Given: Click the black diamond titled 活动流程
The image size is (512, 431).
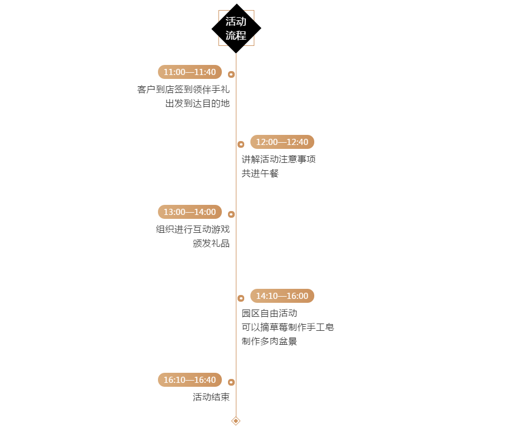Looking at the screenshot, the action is [x=236, y=29].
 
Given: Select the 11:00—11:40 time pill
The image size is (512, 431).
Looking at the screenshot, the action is [x=190, y=72].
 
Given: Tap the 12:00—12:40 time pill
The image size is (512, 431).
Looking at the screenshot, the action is [x=282, y=142].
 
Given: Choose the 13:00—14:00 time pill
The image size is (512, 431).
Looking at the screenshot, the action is [x=190, y=212].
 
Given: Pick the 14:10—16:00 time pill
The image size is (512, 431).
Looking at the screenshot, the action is [x=282, y=296].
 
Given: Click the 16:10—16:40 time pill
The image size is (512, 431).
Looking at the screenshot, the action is [x=190, y=380].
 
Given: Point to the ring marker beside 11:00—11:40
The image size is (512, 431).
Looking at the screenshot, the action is [x=231, y=74].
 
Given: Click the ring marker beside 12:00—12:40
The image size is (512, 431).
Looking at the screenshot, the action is [x=241, y=144].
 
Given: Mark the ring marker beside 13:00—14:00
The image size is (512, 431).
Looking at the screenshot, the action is [x=231, y=214].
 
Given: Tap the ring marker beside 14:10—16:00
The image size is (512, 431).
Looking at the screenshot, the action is [x=241, y=298].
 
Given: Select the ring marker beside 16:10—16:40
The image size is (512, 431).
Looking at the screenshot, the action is [x=231, y=382].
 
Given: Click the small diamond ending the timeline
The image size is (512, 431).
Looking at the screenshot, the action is [x=236, y=421].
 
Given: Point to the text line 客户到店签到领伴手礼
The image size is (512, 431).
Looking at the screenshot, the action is [x=184, y=90].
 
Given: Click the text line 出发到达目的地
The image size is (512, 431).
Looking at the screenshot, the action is [x=198, y=104].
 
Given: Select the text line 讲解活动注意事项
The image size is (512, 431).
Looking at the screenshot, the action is [x=278, y=159].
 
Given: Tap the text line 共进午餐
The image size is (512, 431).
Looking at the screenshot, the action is [x=260, y=174].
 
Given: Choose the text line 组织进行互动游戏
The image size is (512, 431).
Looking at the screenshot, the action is [x=193, y=229].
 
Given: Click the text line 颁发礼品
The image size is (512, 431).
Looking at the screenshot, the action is [x=211, y=243].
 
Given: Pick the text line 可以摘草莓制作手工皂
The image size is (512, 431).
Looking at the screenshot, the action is [x=288, y=327].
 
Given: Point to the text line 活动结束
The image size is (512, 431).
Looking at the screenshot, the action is [x=211, y=397].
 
